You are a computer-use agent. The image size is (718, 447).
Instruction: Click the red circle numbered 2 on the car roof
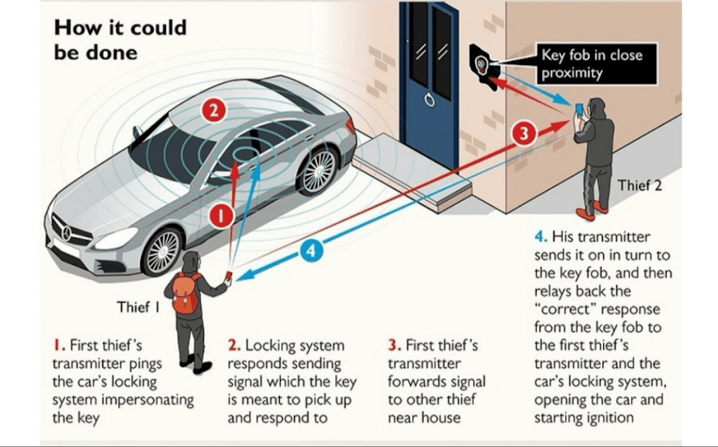pyautogui.click(x=213, y=111)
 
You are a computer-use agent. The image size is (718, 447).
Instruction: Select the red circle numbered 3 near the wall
pyautogui.click(x=524, y=133)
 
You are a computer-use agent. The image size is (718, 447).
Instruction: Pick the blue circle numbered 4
pyautogui.click(x=310, y=251)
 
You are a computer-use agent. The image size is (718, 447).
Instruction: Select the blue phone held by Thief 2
pyautogui.click(x=578, y=108)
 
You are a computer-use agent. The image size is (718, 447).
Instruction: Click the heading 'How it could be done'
pyautogui.click(x=119, y=40)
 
